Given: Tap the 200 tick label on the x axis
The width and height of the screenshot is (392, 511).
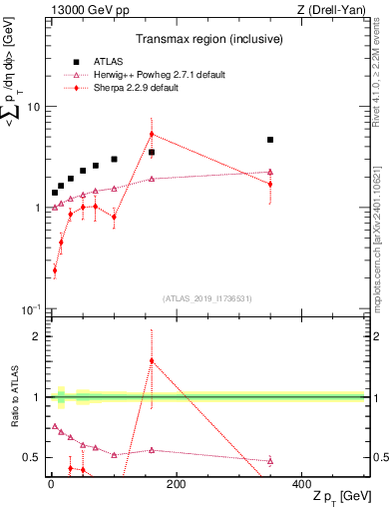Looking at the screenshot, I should (x=176, y=483).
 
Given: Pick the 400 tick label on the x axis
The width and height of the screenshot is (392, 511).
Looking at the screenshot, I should (x=301, y=483).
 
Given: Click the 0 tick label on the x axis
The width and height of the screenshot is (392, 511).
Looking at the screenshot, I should (x=50, y=483).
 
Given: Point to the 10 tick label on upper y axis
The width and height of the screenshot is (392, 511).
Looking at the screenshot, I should (x=33, y=107).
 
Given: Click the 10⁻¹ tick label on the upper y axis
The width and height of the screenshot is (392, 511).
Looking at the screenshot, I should (x=31, y=309).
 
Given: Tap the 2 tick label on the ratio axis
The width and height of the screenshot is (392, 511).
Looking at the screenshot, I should (x=38, y=336).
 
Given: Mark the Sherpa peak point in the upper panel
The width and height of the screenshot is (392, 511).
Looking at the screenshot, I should (x=152, y=134).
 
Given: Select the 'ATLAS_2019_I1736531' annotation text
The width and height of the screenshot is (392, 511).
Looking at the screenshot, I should (x=206, y=298).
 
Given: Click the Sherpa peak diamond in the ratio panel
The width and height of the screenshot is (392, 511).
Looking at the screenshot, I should (x=152, y=361).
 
